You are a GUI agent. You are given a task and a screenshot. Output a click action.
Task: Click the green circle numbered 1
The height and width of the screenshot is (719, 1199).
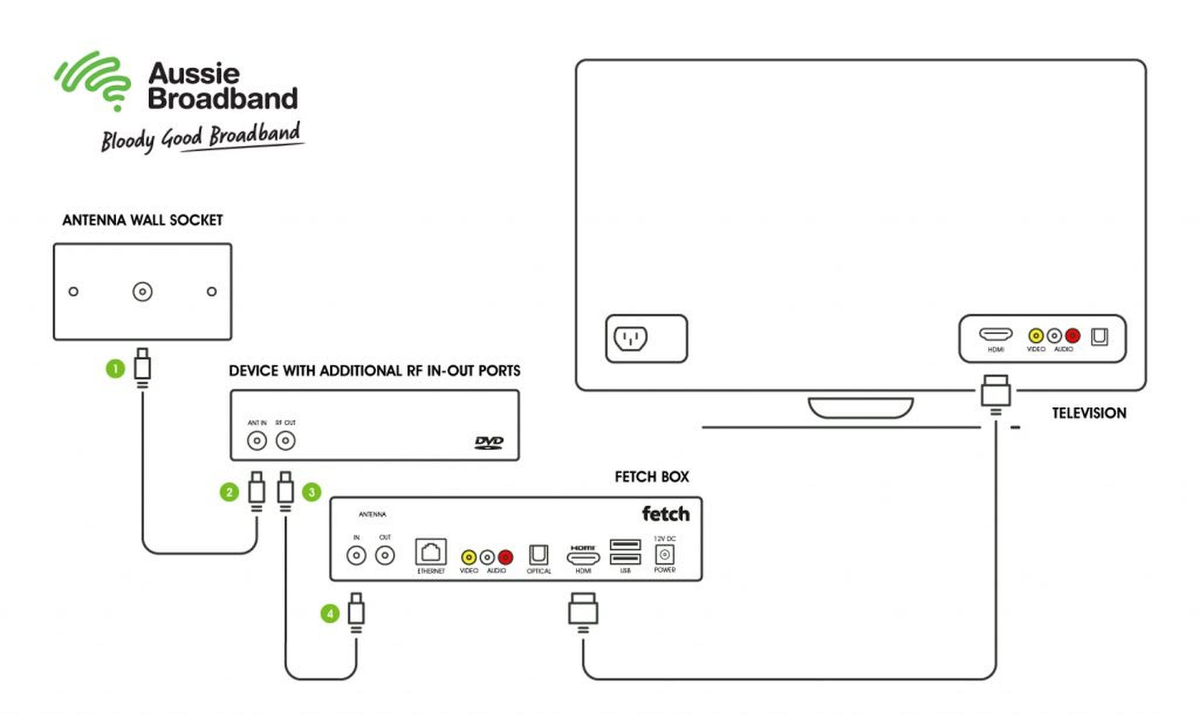[115, 369]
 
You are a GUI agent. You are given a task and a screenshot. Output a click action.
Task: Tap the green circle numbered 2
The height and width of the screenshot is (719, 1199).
[229, 492]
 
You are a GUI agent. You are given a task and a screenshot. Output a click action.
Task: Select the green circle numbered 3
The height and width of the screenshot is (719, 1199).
[311, 492]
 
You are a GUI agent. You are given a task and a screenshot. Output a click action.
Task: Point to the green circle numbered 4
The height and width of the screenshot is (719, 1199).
[330, 614]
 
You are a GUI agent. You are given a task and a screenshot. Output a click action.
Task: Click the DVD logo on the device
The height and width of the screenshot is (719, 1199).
[489, 442]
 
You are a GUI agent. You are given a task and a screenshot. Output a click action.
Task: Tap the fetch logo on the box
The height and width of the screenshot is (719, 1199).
[666, 514]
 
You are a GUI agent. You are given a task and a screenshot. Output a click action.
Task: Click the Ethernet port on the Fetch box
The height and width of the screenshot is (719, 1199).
[431, 552]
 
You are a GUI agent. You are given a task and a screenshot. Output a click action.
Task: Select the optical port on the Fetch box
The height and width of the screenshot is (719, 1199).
[539, 554]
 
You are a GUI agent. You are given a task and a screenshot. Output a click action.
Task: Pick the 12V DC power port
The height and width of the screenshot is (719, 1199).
[664, 554]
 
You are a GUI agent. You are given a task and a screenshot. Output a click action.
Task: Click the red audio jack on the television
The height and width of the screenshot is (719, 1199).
[1073, 335]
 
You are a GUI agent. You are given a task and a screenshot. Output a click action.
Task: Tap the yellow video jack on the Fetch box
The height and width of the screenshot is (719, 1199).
[468, 557]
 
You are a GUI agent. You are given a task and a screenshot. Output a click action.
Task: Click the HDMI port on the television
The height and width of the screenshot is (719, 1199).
[996, 334]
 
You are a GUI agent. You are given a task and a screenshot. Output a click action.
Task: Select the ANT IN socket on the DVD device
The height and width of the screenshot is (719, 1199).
[257, 441]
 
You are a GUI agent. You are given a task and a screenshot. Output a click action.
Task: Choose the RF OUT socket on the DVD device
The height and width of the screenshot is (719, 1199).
[286, 441]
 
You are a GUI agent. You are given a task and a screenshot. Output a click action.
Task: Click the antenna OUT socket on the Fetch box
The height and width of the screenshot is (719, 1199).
[385, 555]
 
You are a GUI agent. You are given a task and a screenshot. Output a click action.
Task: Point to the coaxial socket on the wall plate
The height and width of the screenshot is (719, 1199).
[142, 292]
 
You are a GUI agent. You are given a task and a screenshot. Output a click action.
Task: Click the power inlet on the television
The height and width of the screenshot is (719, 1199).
[631, 338]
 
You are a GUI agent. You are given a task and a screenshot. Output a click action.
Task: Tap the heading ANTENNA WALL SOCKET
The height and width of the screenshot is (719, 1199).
[143, 220]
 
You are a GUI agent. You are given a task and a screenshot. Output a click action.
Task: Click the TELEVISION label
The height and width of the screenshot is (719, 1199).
[1089, 413]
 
